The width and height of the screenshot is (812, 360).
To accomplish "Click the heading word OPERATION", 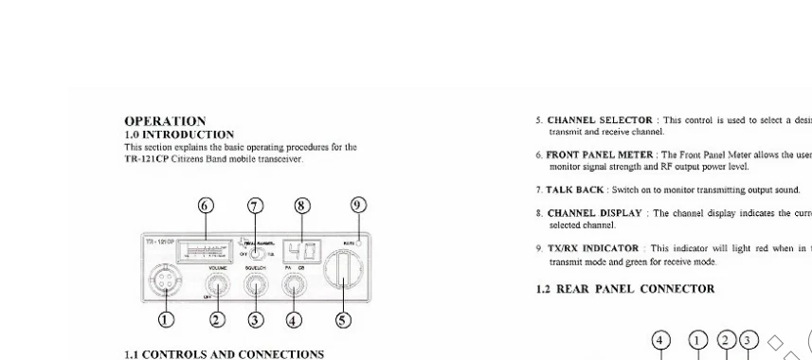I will point(165,121).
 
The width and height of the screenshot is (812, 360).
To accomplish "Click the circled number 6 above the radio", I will point(206,207).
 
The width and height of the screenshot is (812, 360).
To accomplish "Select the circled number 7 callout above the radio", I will point(254,207).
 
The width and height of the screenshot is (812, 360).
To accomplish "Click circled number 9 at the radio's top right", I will point(358,207).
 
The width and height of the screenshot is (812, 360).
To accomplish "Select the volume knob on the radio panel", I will point(217,284).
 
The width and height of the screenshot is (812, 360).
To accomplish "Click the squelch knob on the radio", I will point(255,284).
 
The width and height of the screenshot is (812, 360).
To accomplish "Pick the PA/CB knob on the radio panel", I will point(293,284).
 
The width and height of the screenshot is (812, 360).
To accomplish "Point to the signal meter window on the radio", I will point(206,252).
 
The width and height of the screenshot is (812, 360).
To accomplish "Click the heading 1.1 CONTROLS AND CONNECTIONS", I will point(224,354).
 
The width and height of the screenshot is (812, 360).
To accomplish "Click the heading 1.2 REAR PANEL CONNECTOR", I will point(625,289).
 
